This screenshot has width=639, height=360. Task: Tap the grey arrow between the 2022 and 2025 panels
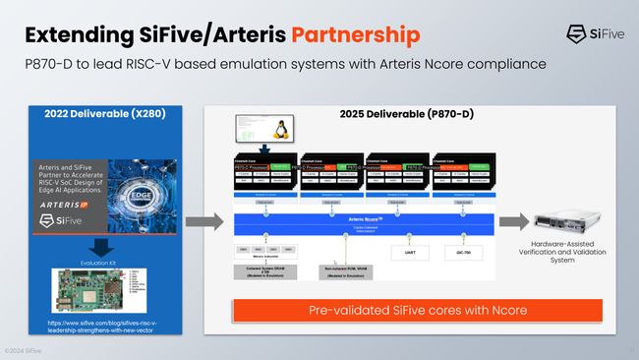pyautogui.click(x=203, y=221)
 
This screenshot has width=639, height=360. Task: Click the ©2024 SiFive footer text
pyautogui.click(x=21, y=351)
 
